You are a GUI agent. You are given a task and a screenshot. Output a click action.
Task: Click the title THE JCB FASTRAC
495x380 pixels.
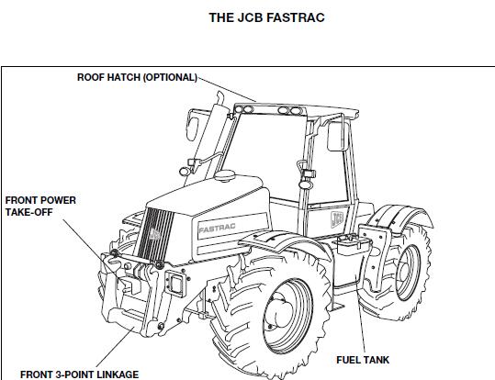click(x=266, y=17)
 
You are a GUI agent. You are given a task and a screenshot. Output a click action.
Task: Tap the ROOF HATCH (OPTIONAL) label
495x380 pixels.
click(x=138, y=77)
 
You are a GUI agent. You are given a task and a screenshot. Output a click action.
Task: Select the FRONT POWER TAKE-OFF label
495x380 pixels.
click(x=40, y=207)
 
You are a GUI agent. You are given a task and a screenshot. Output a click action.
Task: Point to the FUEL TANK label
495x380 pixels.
click(x=363, y=360)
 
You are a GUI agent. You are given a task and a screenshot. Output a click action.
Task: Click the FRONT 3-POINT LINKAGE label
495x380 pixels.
click(x=79, y=374)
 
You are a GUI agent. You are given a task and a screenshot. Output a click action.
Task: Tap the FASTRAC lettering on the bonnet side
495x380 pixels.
click(x=217, y=228)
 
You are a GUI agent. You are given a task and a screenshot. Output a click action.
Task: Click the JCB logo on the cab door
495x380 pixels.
click(x=337, y=219)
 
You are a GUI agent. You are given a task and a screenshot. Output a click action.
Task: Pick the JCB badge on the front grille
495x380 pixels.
click(x=154, y=234)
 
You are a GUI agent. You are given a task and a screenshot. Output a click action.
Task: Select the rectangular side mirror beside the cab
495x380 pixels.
click(x=338, y=137)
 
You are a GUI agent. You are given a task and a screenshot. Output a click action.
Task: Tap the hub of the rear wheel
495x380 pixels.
click(x=403, y=273)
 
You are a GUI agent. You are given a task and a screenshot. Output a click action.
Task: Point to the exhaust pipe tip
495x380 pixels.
click(x=220, y=97)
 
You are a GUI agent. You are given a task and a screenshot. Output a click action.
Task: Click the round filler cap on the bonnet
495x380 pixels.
click(x=224, y=175)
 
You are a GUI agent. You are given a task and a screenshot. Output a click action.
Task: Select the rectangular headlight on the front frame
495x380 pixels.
click(x=176, y=284)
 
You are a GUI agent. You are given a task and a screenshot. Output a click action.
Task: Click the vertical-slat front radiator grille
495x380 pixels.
click(x=154, y=234)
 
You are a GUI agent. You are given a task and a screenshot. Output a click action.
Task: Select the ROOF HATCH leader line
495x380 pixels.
click(x=227, y=89)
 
